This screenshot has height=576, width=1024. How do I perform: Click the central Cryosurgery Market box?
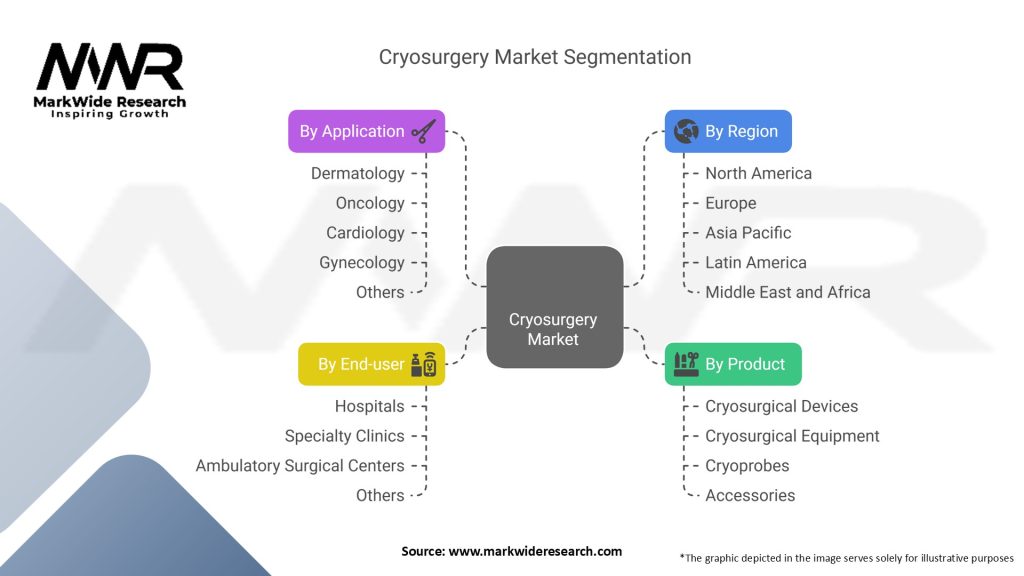click(554, 306)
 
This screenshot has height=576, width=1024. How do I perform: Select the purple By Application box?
click(366, 131)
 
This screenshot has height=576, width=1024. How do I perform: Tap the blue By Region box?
click(728, 131)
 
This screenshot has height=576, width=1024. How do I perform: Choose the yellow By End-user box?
click(371, 364)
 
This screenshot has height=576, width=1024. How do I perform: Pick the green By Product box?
click(733, 364)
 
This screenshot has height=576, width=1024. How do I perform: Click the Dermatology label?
click(358, 173)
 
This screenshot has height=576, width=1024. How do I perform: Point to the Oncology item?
click(370, 203)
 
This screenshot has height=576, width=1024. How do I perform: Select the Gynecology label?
click(362, 262)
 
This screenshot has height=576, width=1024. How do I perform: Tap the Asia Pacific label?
click(748, 232)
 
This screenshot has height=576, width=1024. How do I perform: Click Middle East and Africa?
click(788, 292)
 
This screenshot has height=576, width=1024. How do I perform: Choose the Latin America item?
click(756, 262)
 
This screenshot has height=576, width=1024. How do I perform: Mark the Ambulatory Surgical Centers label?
click(300, 465)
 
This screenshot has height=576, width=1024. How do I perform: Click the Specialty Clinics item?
click(345, 436)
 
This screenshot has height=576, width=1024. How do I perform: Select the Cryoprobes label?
click(747, 465)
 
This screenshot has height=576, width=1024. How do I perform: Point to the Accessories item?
click(750, 495)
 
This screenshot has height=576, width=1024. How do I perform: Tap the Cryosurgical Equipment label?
click(792, 436)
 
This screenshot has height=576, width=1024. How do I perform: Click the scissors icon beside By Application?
click(424, 131)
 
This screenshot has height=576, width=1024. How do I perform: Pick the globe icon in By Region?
click(686, 131)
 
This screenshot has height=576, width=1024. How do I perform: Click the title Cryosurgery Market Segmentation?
click(535, 57)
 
